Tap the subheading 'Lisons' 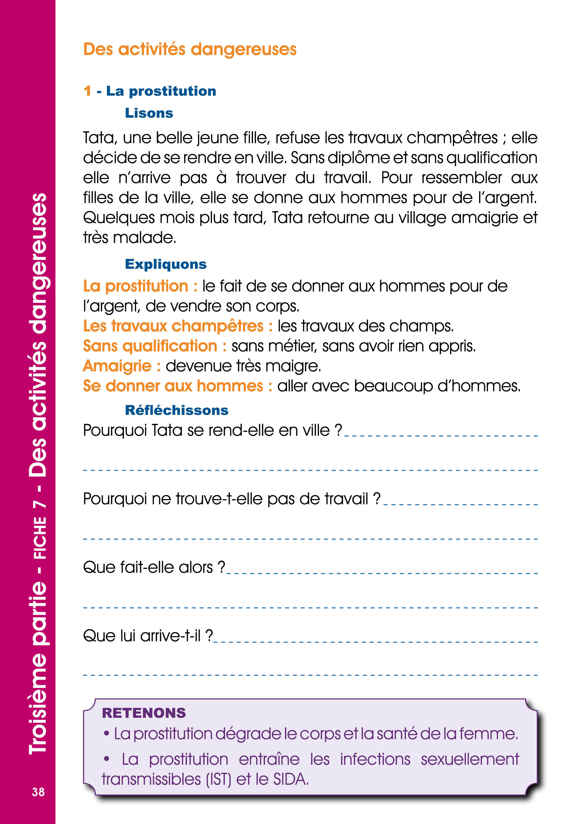click(x=149, y=113)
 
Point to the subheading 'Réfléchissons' click(x=176, y=410)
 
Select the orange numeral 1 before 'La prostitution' click(x=87, y=91)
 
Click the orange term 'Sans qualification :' click(x=155, y=346)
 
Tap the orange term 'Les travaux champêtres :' click(x=177, y=326)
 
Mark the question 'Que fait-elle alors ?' click(x=154, y=567)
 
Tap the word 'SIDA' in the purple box click(x=290, y=779)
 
